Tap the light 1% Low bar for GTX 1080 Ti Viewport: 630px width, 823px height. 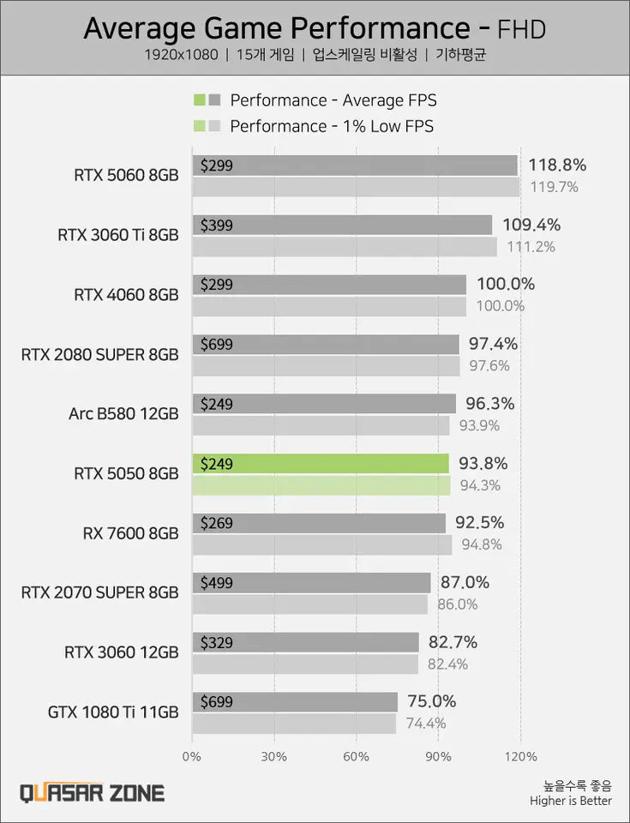tap(294, 724)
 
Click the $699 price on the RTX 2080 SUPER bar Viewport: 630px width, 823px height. tap(216, 345)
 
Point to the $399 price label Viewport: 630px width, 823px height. tap(216, 225)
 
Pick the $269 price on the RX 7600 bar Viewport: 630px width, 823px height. tap(216, 523)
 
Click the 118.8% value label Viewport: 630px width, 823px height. tap(557, 165)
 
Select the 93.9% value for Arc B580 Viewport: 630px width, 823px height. tap(482, 425)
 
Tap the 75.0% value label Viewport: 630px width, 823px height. tap(431, 701)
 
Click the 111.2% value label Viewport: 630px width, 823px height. tap(531, 247)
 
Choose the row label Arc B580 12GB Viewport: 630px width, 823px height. tap(123, 414)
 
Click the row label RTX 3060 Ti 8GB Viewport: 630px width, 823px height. tap(118, 234)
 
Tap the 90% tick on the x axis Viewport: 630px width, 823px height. tap(438, 757)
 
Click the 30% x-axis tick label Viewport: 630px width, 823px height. tap(273, 757)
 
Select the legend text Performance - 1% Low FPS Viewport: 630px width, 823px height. tap(332, 127)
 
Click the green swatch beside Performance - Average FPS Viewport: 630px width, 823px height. tap(199, 100)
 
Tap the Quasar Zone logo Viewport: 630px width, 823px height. tap(93, 793)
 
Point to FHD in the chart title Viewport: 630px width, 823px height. tap(521, 30)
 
